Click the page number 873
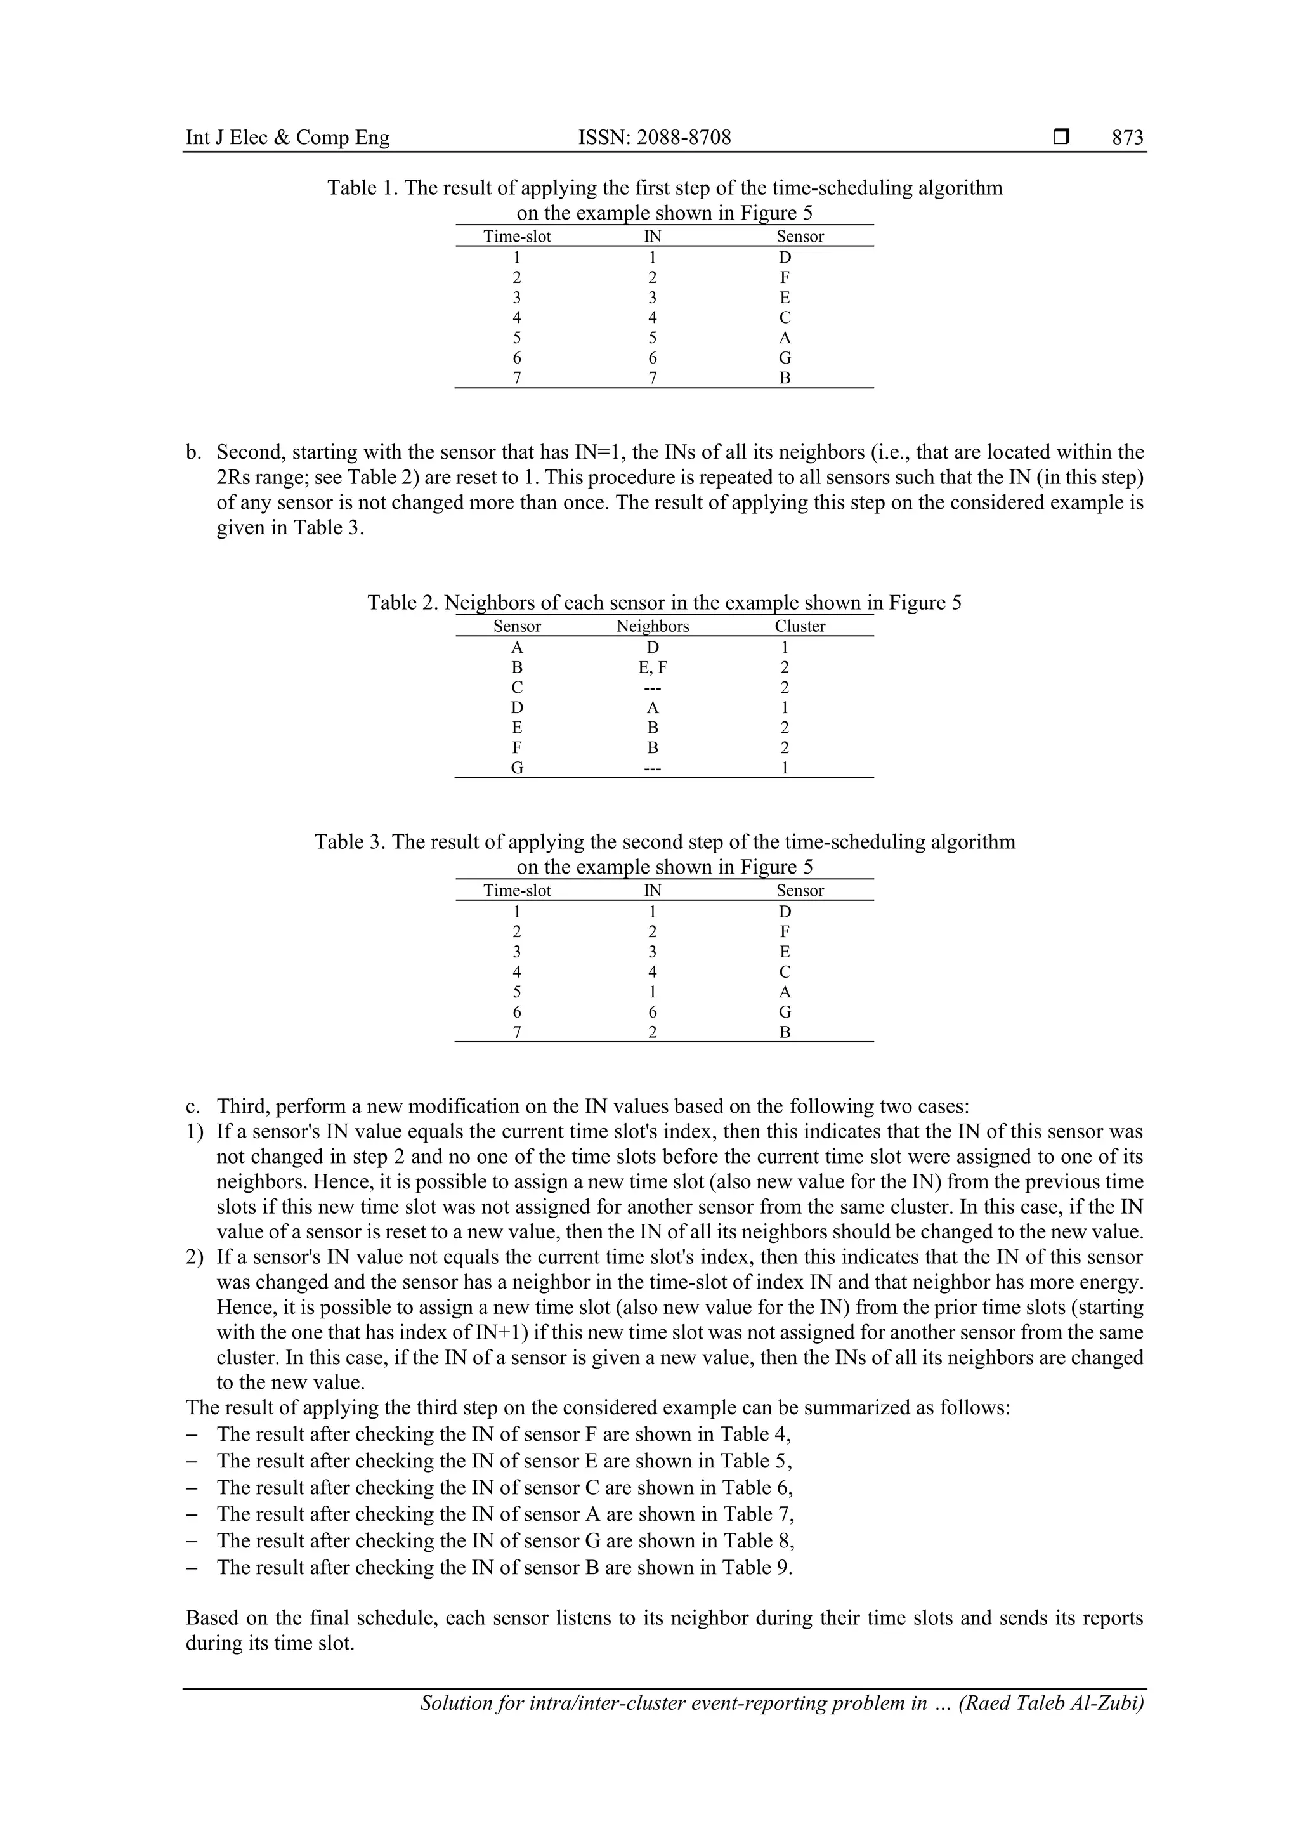pos(1127,138)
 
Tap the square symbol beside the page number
pos(1061,138)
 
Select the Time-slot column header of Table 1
pos(517,236)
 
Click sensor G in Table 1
pos(785,358)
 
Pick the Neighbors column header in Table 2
pos(652,626)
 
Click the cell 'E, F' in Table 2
pos(652,667)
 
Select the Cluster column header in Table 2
pos(800,626)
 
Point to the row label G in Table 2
pos(517,768)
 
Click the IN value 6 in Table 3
pos(652,1012)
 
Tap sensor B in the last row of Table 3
pos(785,1032)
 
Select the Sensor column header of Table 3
pos(800,890)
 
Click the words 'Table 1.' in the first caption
pos(363,188)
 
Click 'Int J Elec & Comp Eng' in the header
pos(287,138)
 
